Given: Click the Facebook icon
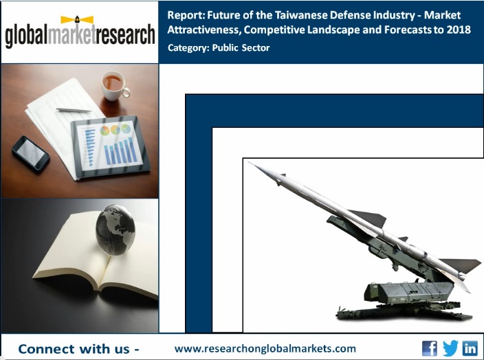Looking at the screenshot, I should pos(429,348).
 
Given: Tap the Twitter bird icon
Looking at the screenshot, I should pos(450,348).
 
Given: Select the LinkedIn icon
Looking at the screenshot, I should pos(470,348).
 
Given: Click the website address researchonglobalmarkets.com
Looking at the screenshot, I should pos(265,348).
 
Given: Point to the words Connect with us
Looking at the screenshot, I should pos(78,349).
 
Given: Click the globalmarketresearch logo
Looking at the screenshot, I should pos(80,32).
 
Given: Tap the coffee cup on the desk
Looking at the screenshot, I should pos(113,85).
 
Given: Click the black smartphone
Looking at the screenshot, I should pos(30,153).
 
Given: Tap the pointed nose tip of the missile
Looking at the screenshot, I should pos(251,164).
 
